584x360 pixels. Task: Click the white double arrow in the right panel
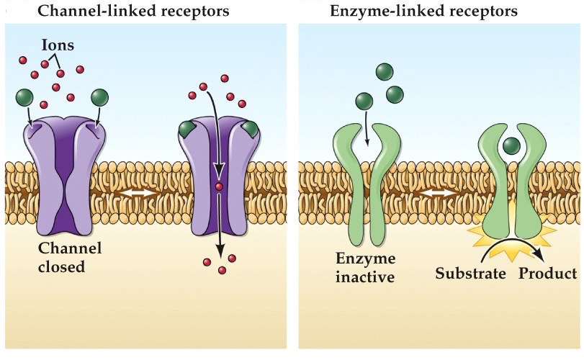pyautogui.click(x=439, y=194)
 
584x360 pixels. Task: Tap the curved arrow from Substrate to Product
pyautogui.click(x=512, y=250)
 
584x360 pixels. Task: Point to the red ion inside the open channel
pyautogui.click(x=219, y=188)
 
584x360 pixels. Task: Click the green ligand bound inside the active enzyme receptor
pyautogui.click(x=512, y=146)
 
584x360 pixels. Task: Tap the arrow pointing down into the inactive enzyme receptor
pyautogui.click(x=367, y=126)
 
